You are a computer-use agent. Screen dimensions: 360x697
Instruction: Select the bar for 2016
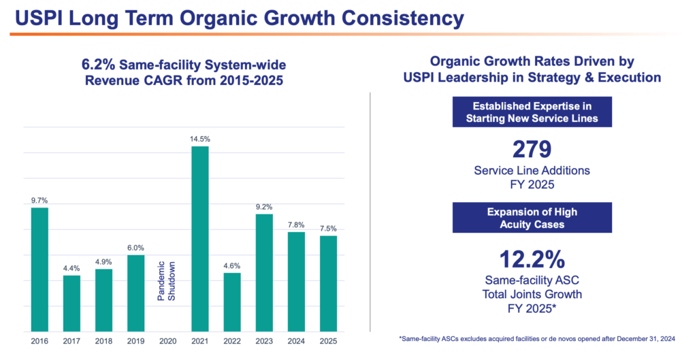coord(39,269)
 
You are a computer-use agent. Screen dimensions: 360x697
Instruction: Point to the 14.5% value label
coord(199,139)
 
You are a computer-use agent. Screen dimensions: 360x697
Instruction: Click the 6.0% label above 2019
coord(135,248)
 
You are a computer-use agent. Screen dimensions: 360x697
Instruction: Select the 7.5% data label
coord(328,229)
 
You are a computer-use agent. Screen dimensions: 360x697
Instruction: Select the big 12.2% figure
coord(532,259)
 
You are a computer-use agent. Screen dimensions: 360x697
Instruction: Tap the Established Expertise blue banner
coord(532,112)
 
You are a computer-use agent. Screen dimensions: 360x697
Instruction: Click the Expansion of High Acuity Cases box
coord(532,217)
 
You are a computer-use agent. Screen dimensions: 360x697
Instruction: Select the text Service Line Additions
coord(532,170)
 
